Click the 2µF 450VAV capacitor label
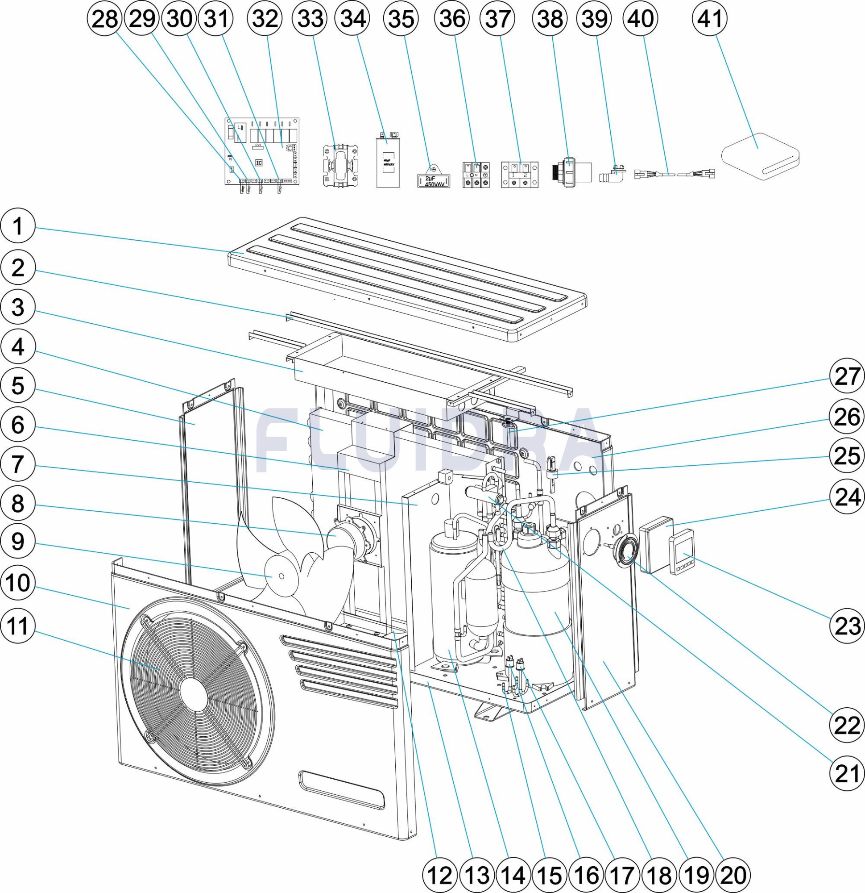click(x=434, y=181)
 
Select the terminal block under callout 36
click(x=476, y=175)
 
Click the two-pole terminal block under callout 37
click(x=519, y=174)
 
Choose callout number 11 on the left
click(x=17, y=627)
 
